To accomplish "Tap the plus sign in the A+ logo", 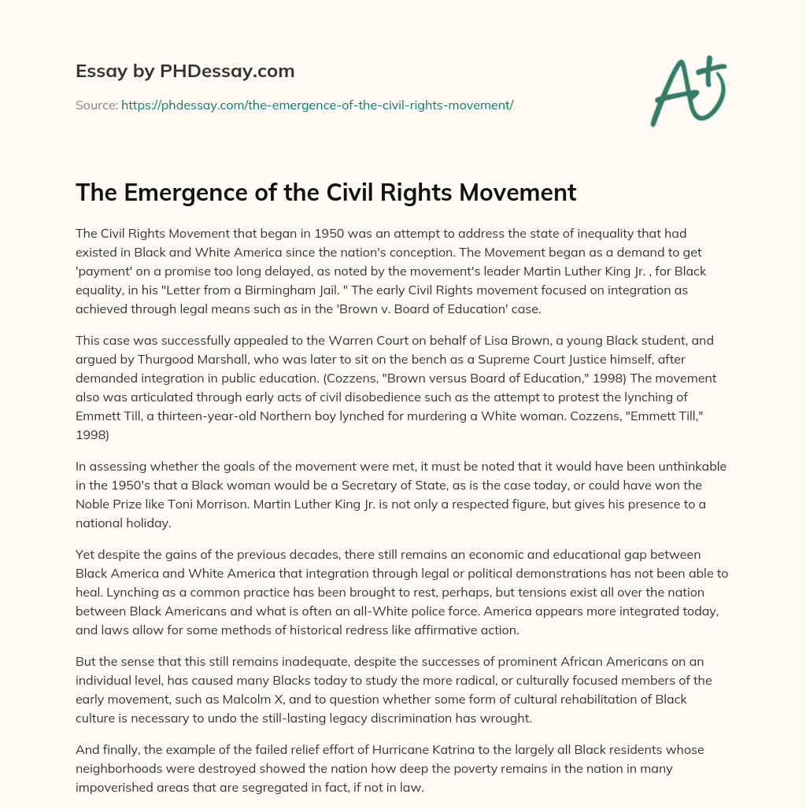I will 712,72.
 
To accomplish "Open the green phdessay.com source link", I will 317,105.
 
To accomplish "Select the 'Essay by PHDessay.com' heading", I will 185,72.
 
